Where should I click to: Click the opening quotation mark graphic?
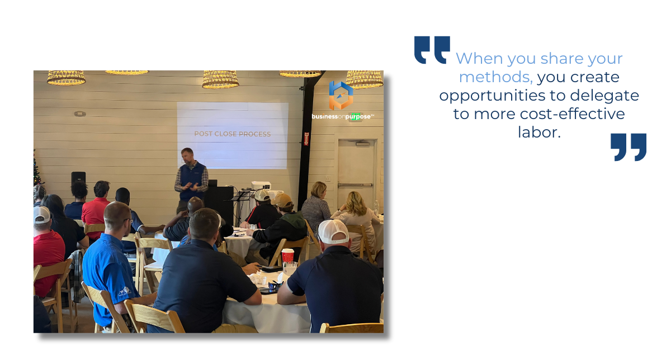click(432, 50)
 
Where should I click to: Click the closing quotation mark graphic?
click(629, 148)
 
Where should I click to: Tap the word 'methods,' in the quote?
click(496, 77)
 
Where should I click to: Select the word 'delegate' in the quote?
click(604, 96)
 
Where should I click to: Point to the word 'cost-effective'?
click(572, 114)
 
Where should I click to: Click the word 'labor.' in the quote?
click(539, 132)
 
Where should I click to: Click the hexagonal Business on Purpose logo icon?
click(341, 95)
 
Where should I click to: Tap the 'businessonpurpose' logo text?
click(343, 116)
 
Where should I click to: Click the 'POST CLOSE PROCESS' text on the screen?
click(233, 134)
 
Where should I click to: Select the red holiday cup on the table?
click(287, 257)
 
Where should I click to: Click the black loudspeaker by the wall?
click(78, 179)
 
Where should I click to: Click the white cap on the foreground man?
click(333, 231)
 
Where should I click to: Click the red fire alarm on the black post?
click(306, 139)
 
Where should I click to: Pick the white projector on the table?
click(261, 186)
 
